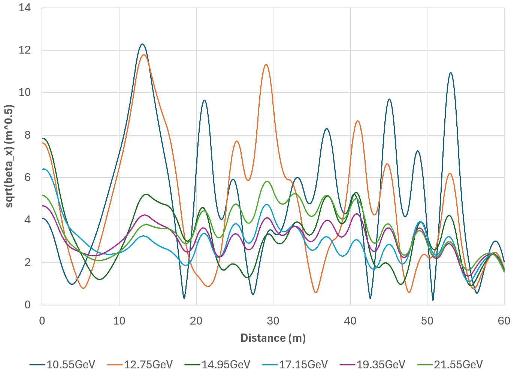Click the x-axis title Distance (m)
coord(273,338)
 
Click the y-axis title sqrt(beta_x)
coord(9,156)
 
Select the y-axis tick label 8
coord(28,135)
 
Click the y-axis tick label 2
coord(28,262)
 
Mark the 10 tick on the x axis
coord(119,321)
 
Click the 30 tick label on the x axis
coord(273,321)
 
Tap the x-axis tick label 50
coord(427,321)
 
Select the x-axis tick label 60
coord(504,321)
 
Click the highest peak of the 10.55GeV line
coord(142,44)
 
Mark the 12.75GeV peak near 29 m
coord(266,64)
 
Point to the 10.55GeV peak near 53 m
coord(450,73)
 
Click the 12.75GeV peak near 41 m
coord(358,121)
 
